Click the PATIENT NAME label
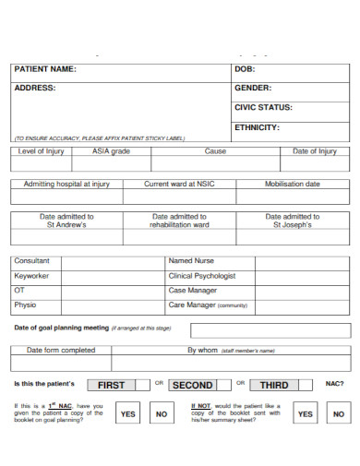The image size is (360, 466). coord(44,69)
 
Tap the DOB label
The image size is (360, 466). coord(245,69)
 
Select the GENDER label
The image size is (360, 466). coord(253,89)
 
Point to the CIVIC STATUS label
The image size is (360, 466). coord(263,108)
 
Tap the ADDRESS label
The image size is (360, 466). coord(34,89)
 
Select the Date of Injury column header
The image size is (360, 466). coord(315,151)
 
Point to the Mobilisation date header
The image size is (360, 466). coord(293,184)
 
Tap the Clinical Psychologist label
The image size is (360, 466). coord(202,276)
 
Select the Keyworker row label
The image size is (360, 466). coord(31,276)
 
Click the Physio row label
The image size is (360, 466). coord(25,305)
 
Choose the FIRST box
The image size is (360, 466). coord(111,385)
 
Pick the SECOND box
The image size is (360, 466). coord(193,385)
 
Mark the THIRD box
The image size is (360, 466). coord(274,385)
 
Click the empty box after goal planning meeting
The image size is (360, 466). coord(270,330)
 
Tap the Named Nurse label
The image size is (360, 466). coord(191,261)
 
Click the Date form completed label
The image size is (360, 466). coord(61,351)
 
